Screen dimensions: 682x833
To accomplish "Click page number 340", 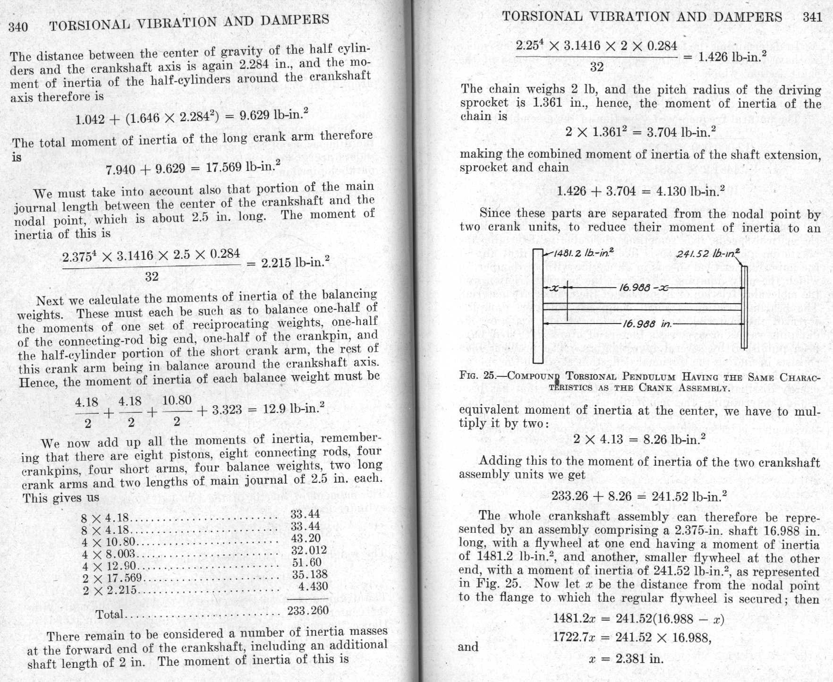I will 18,26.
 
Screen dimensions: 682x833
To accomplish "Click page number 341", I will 812,17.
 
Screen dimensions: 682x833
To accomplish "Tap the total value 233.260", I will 308,611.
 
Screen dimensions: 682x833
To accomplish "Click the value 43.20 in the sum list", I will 306,538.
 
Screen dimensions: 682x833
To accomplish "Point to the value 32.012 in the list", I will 309,550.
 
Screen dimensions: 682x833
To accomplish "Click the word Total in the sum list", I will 109,614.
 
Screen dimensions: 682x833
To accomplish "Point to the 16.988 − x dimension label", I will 644,288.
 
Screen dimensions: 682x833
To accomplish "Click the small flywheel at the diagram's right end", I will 744,307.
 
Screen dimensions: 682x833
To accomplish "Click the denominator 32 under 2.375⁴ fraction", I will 152,277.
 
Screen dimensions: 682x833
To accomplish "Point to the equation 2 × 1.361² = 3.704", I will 640,132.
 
